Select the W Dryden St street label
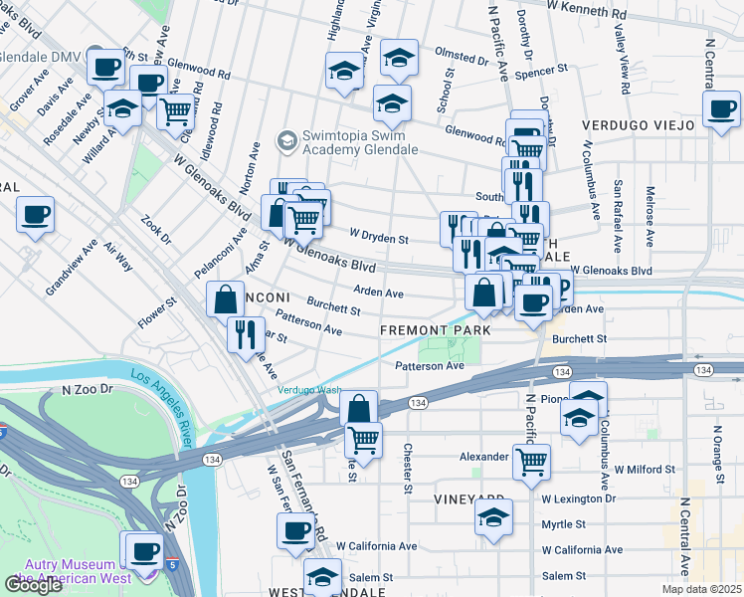(x=378, y=239)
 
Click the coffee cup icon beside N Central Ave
(x=721, y=107)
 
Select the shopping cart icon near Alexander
(x=532, y=461)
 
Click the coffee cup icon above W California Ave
(x=295, y=530)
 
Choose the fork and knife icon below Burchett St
(x=245, y=334)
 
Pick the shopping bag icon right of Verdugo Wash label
(x=358, y=408)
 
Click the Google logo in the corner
(x=33, y=585)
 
